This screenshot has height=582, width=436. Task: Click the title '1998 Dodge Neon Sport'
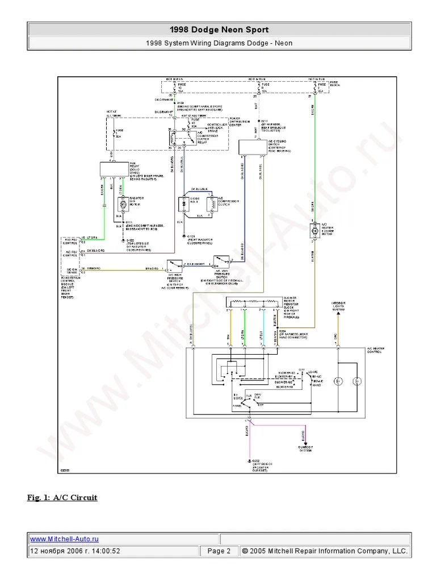(x=219, y=30)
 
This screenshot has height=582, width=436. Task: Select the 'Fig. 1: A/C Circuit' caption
(x=62, y=497)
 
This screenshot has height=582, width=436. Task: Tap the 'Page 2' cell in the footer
(x=219, y=551)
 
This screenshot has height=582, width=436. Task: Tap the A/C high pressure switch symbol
(x=174, y=265)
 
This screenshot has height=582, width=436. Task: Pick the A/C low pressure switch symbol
(x=221, y=261)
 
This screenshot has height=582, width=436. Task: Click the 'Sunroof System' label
(x=303, y=450)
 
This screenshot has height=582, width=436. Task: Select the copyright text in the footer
(x=324, y=551)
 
